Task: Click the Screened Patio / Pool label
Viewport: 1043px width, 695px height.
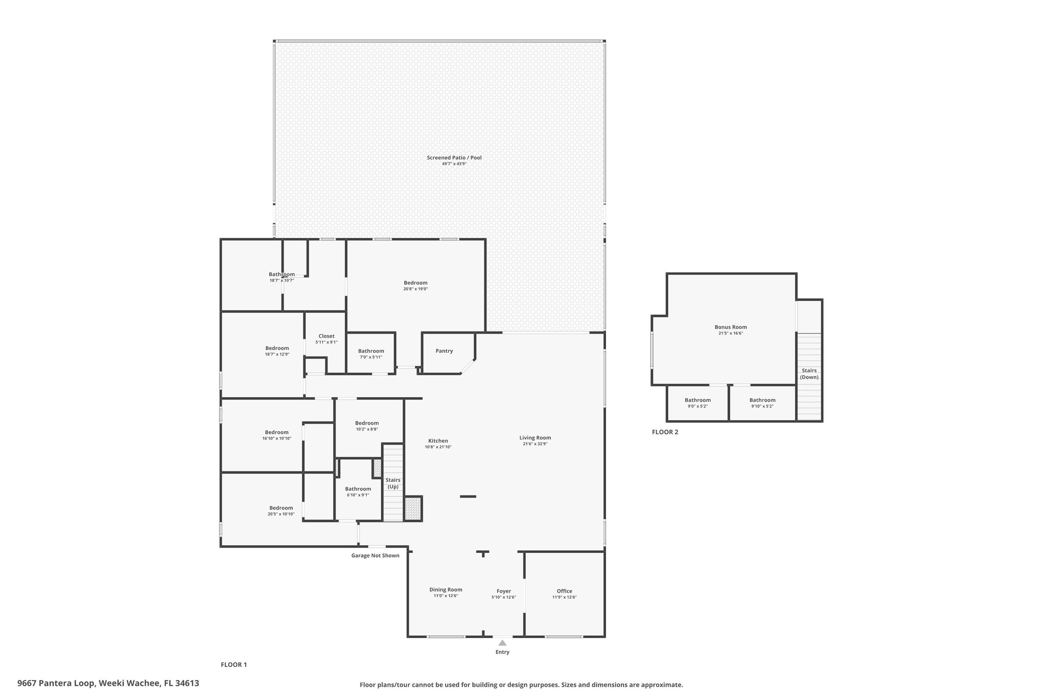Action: point(454,158)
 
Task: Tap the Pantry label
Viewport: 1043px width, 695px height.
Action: point(444,351)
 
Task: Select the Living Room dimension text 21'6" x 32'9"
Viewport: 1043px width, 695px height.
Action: point(535,444)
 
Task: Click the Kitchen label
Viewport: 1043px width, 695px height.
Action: point(438,441)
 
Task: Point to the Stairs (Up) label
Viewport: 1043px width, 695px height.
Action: point(393,483)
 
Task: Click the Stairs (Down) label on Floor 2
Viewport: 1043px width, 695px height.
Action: point(809,374)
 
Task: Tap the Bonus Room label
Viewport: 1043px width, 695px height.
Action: point(731,327)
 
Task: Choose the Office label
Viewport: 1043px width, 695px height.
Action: point(564,591)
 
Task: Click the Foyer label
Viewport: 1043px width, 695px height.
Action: point(504,591)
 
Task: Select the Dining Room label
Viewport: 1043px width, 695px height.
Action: point(446,590)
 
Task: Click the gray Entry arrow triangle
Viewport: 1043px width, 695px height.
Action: point(503,643)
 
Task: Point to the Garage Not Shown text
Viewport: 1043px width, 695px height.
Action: point(375,555)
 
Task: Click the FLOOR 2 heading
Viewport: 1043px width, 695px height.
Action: point(665,432)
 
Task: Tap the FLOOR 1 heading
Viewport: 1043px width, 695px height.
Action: point(234,664)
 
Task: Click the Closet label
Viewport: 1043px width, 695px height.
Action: point(326,336)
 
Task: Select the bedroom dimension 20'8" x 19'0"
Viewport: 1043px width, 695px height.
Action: point(416,289)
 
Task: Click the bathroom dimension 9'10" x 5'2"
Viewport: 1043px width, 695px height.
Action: point(762,406)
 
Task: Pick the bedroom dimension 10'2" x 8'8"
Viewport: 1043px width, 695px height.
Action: point(367,429)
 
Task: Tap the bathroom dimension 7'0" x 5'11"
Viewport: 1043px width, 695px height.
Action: point(371,357)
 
